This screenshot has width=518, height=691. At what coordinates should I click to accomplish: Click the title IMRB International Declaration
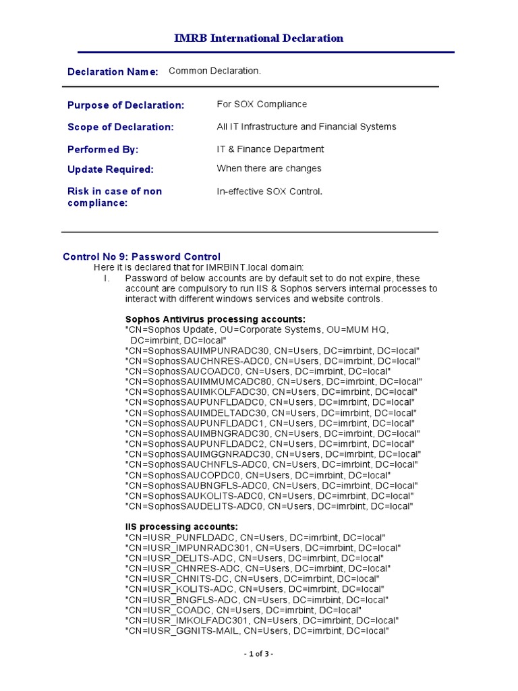pyautogui.click(x=259, y=38)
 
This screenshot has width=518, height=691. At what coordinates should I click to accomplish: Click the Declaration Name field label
pyautogui.click(x=113, y=72)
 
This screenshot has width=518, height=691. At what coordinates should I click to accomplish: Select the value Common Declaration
pyautogui.click(x=214, y=71)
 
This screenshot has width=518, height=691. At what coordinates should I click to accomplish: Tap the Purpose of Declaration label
pyautogui.click(x=125, y=105)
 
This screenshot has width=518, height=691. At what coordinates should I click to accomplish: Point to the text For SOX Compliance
pyautogui.click(x=262, y=104)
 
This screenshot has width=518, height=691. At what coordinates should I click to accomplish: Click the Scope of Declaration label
pyautogui.click(x=120, y=127)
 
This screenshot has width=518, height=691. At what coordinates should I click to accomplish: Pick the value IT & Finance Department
pyautogui.click(x=270, y=149)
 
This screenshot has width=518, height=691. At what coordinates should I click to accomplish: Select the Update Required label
pyautogui.click(x=111, y=169)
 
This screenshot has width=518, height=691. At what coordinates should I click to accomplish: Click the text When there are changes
pyautogui.click(x=268, y=168)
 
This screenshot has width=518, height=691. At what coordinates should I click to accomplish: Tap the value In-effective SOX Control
pyautogui.click(x=269, y=192)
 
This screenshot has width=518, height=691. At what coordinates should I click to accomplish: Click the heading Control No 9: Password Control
pyautogui.click(x=142, y=256)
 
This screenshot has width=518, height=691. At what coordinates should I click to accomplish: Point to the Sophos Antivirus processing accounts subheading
pyautogui.click(x=215, y=319)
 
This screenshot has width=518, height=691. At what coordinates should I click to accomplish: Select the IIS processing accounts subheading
pyautogui.click(x=181, y=526)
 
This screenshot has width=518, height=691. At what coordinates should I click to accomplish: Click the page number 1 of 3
pyautogui.click(x=258, y=654)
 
